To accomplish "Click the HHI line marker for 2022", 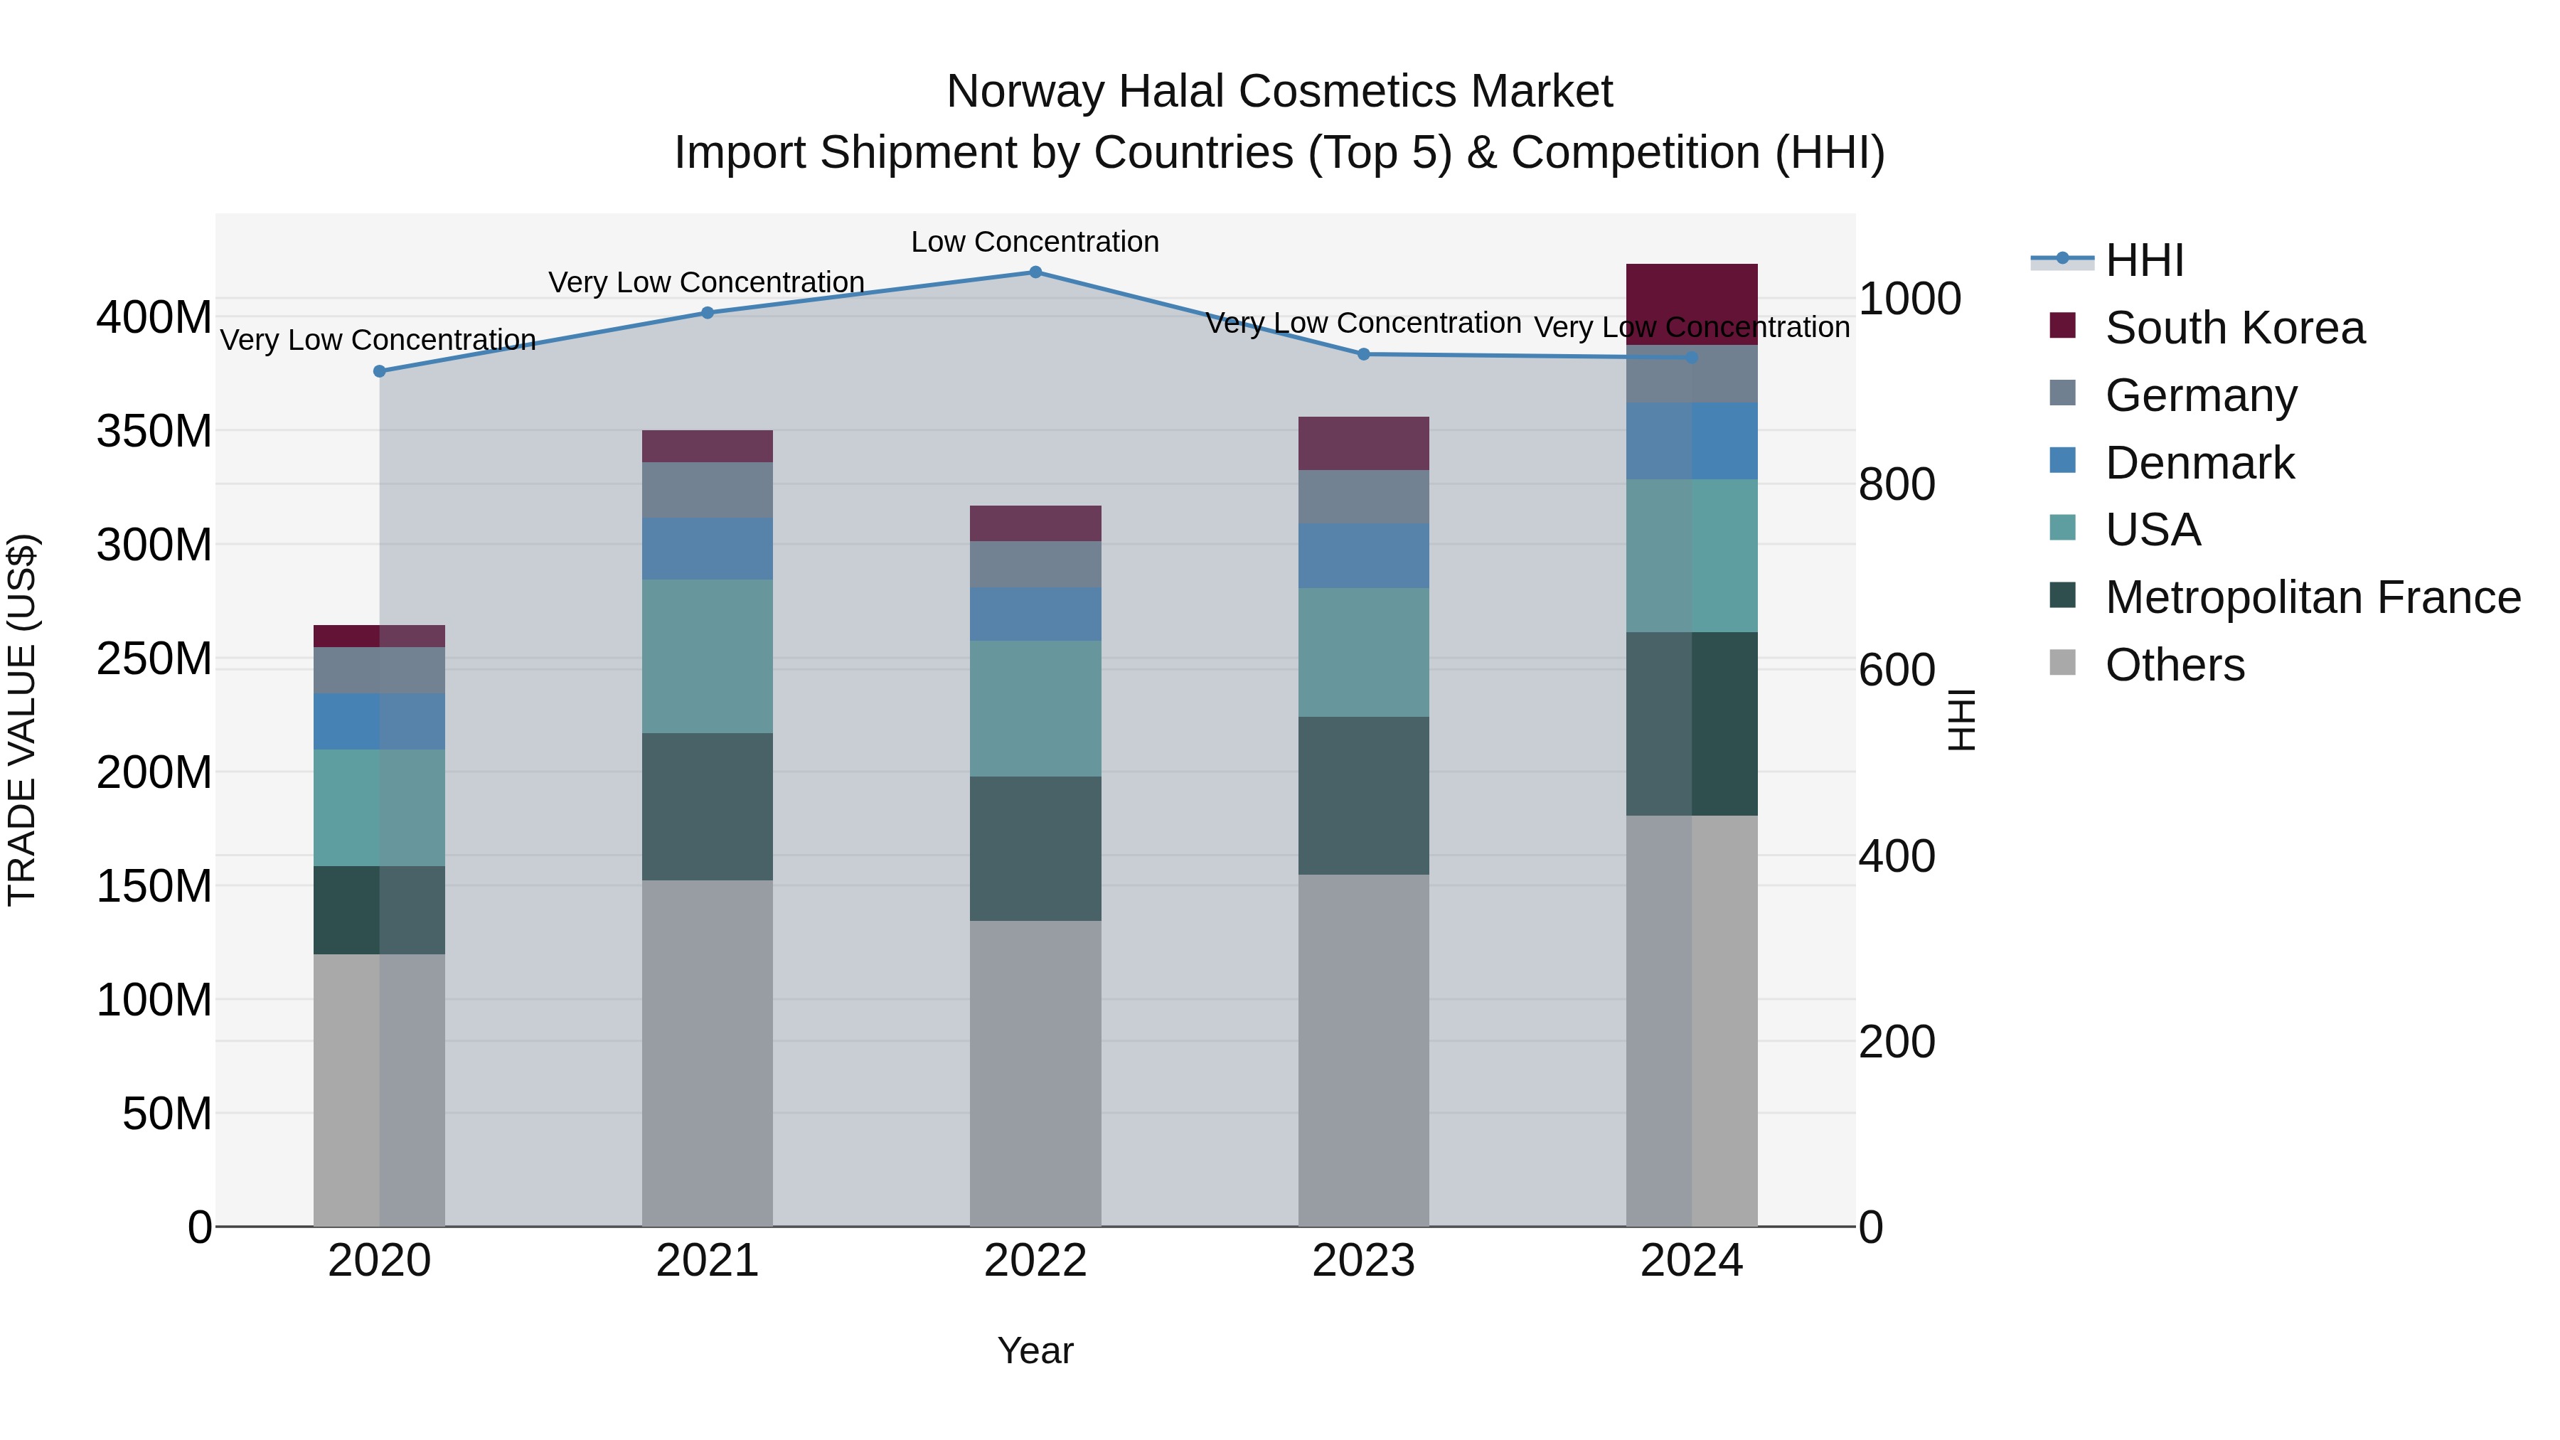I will (1035, 272).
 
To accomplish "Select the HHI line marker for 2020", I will (380, 372).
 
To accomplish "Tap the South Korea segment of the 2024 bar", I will (1692, 304).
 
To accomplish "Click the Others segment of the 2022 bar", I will (1035, 1073).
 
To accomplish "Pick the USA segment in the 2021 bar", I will (707, 656).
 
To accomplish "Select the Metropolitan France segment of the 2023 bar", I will (1362, 795).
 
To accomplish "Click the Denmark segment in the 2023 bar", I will (1362, 555).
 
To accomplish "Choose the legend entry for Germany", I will (2200, 395).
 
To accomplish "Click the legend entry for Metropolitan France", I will (2312, 597).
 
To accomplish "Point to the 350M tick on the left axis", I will (154, 432).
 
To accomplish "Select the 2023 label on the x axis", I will (1362, 1261).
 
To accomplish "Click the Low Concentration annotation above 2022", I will (1035, 242).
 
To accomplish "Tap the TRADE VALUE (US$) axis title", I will (23, 720).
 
